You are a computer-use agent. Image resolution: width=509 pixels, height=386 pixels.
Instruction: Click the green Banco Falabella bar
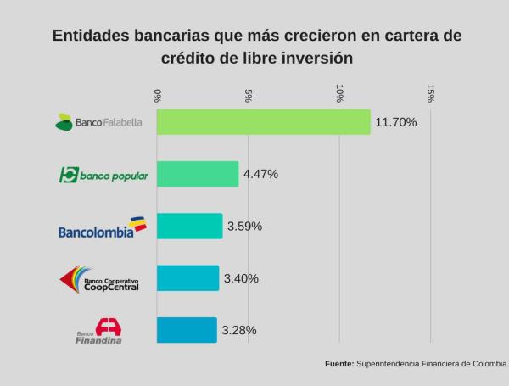[264, 122]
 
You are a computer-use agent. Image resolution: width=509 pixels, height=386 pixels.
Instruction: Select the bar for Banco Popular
[198, 174]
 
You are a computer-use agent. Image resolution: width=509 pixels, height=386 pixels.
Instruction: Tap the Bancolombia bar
[190, 227]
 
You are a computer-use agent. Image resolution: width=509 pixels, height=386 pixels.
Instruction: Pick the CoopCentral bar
[188, 278]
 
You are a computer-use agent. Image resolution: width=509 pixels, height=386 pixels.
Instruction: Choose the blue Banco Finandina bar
[187, 330]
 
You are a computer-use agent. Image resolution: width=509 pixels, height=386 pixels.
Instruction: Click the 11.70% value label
[395, 122]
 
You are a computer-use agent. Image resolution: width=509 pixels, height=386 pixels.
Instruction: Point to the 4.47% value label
[260, 174]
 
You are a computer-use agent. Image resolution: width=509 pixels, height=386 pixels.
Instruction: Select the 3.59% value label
[244, 227]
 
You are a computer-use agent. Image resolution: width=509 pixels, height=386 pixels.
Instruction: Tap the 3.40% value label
[241, 278]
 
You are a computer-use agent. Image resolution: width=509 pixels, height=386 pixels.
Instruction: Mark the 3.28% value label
[238, 330]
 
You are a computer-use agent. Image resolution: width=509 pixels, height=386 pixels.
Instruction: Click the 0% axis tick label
[158, 94]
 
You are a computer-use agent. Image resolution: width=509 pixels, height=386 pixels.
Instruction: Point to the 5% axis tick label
[249, 94]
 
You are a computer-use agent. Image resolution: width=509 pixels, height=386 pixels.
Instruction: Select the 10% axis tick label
[339, 93]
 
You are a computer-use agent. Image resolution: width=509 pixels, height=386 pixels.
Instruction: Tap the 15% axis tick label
[431, 93]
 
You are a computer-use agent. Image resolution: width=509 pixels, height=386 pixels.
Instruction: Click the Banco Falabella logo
[98, 122]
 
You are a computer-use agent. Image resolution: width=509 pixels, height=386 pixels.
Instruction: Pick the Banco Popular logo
[103, 175]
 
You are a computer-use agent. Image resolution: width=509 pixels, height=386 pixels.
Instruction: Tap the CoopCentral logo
[99, 279]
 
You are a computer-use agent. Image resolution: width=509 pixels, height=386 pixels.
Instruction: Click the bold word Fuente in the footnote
[339, 363]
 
